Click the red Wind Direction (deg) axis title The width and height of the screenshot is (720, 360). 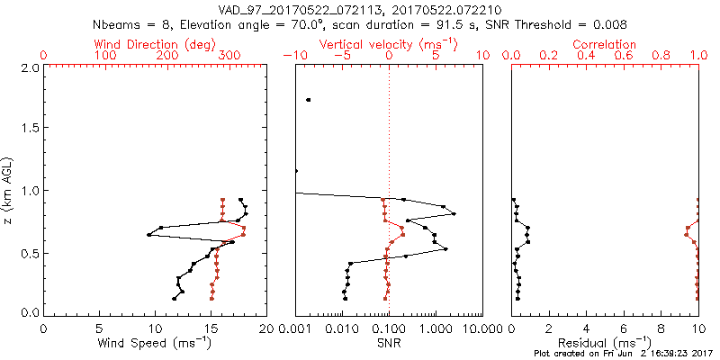tap(156, 44)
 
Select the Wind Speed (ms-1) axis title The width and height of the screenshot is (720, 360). tap(155, 343)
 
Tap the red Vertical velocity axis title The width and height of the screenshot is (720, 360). tap(388, 44)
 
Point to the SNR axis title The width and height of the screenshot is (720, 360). tap(388, 343)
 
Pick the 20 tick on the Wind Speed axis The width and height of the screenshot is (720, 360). tap(265, 328)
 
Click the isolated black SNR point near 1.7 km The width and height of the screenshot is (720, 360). tap(309, 100)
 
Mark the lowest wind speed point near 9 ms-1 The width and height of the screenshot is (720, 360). tap(149, 235)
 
